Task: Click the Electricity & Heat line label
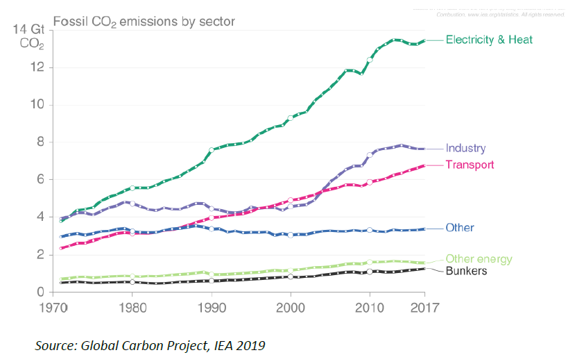coord(489,40)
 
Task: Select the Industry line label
coord(465,148)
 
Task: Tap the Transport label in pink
coord(470,165)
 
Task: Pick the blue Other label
coord(460,228)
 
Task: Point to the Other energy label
coord(479,259)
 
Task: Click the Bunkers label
coord(466,271)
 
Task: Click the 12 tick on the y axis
coord(39,67)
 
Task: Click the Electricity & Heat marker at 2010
coord(370,60)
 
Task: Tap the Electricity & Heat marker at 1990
coord(212,149)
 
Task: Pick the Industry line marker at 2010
coord(370,155)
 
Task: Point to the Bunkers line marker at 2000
coord(291,276)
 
